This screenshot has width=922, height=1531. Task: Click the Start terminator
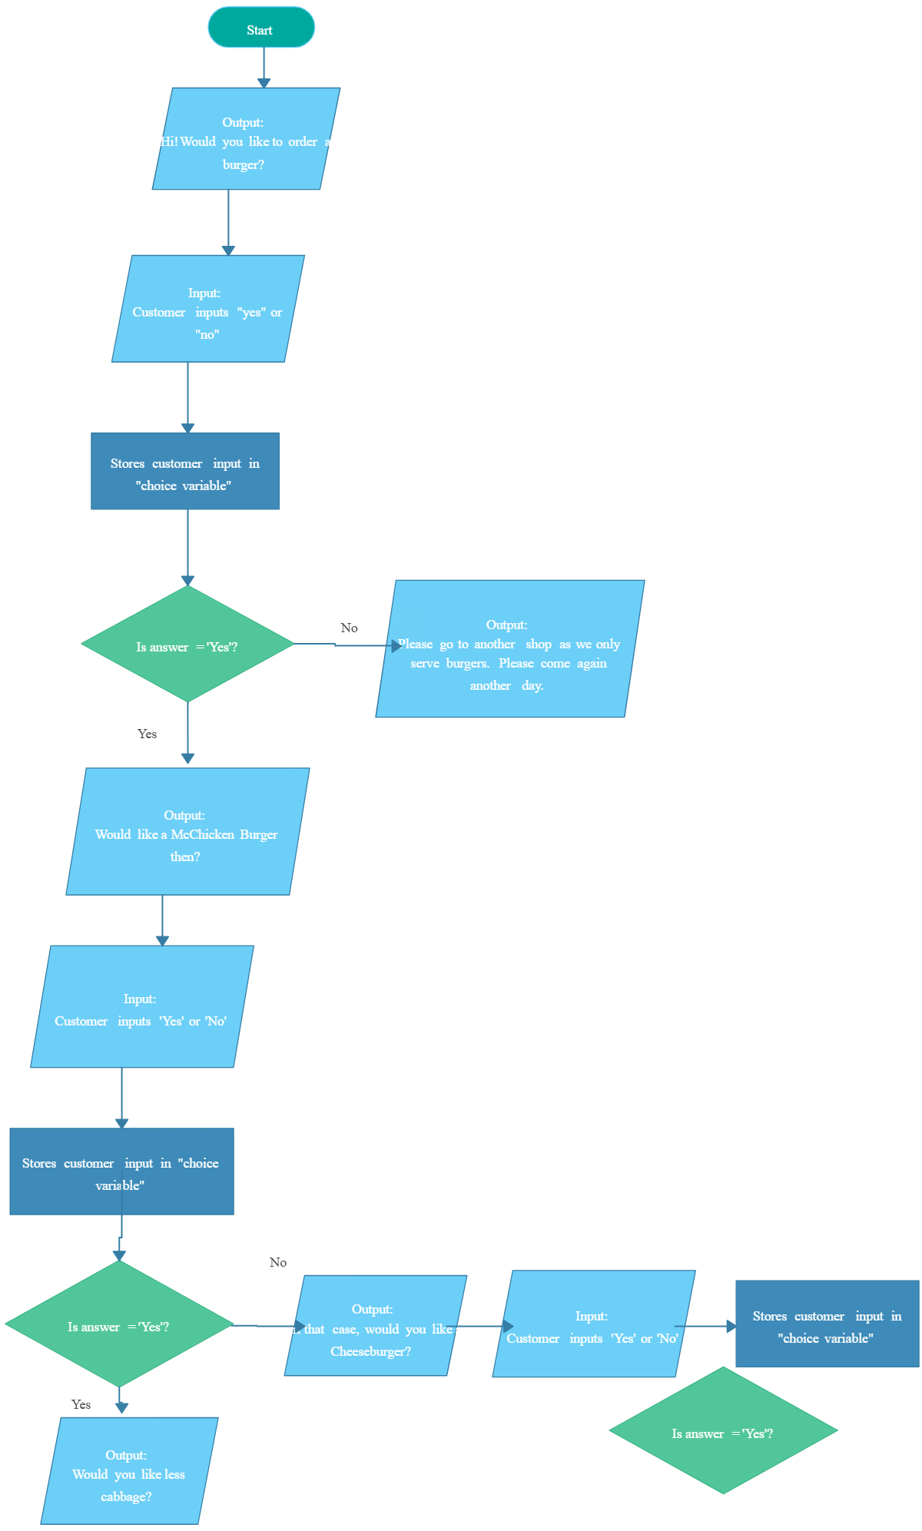pyautogui.click(x=261, y=28)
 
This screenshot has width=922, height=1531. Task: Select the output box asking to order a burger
pyautogui.click(x=246, y=138)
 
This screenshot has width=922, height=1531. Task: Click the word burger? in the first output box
pyautogui.click(x=243, y=164)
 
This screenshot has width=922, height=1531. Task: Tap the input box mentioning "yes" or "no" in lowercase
pyautogui.click(x=207, y=309)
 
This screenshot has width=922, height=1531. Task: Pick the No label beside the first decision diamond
pyautogui.click(x=349, y=628)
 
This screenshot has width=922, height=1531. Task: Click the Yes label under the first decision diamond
pyautogui.click(x=147, y=734)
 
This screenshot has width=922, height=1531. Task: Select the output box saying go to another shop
pyautogui.click(x=509, y=649)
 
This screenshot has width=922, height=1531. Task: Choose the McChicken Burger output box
pyautogui.click(x=187, y=832)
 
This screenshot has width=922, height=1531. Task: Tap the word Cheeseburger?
pyautogui.click(x=370, y=1351)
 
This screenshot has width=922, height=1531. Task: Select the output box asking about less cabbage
pyautogui.click(x=129, y=1471)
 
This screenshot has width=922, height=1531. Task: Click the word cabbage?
pyautogui.click(x=126, y=1496)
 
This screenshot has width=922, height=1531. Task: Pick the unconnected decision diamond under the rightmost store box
pyautogui.click(x=722, y=1430)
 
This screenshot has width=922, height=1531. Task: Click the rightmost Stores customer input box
pyautogui.click(x=827, y=1324)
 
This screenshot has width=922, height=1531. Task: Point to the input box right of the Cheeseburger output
pyautogui.click(x=593, y=1324)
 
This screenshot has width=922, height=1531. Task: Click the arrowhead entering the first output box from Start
pyautogui.click(x=264, y=82)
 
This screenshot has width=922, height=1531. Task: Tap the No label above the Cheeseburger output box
pyautogui.click(x=278, y=1262)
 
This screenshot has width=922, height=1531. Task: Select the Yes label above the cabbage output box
pyautogui.click(x=81, y=1404)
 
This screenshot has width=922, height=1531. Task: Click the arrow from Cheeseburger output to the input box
pyautogui.click(x=484, y=1326)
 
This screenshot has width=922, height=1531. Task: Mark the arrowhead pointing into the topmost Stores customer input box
pyautogui.click(x=187, y=428)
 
